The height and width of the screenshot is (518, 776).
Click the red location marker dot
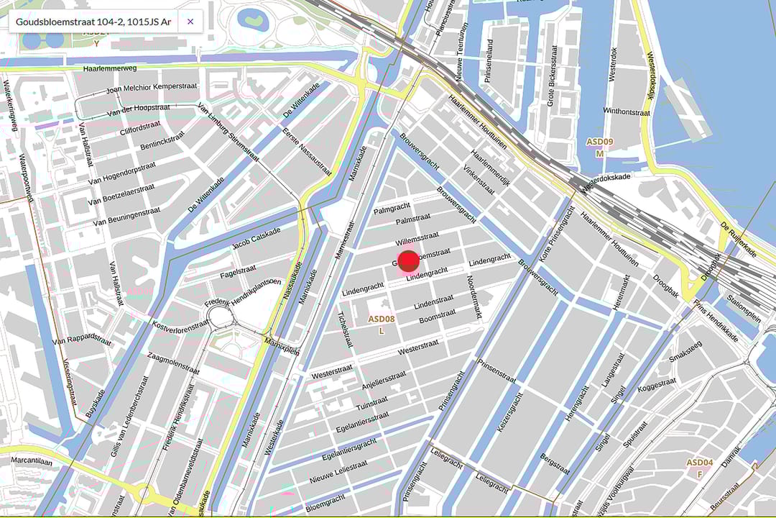pos(407,261)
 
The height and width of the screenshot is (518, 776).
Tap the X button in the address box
pos(190,22)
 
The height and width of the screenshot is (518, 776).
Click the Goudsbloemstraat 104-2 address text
pos(93,22)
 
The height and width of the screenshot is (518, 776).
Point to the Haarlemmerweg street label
pos(108,68)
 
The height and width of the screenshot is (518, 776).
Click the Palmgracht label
pos(391,209)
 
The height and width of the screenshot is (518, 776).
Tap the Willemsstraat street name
pos(417,238)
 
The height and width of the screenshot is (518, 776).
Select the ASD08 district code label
pos(382,318)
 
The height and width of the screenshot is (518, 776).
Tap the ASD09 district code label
pos(599,142)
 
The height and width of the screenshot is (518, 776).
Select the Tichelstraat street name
pos(346,329)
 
